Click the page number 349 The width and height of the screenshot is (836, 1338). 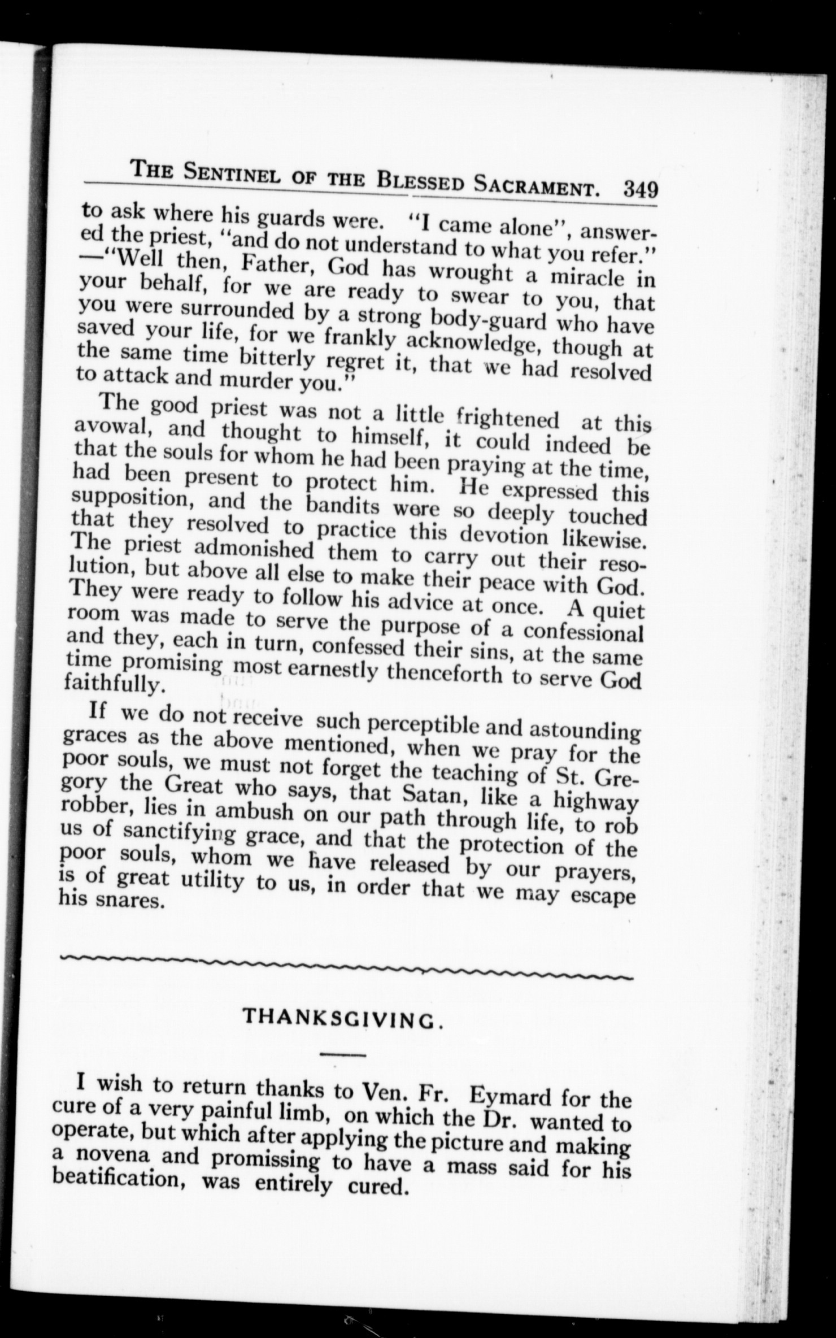[x=641, y=189]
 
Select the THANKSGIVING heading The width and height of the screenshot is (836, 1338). [x=341, y=1018]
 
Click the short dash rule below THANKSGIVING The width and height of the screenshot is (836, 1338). [x=343, y=1054]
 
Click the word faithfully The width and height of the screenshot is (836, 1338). [x=116, y=684]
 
